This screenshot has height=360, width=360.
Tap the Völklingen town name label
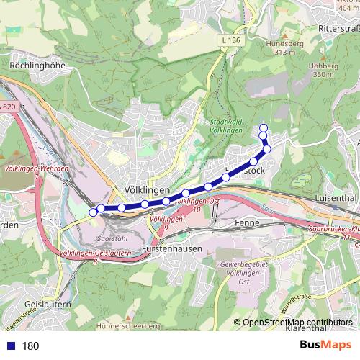click(146, 189)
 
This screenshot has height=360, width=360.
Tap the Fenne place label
click(247, 224)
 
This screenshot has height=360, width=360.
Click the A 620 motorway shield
click(7, 107)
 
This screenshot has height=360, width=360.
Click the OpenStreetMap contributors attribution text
click(297, 323)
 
